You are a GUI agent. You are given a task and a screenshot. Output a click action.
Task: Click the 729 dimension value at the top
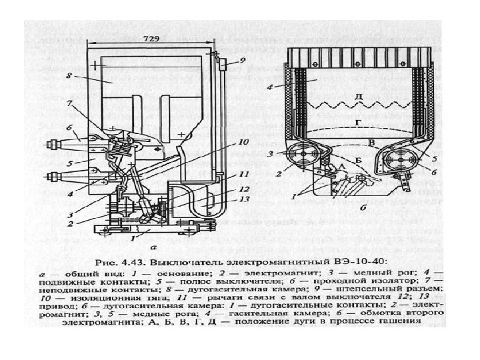151,39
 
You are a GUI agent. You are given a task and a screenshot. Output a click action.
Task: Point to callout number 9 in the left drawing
243,60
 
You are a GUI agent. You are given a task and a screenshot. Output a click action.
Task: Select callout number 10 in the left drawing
244,142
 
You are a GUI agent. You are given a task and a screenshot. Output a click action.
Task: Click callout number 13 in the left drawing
244,199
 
